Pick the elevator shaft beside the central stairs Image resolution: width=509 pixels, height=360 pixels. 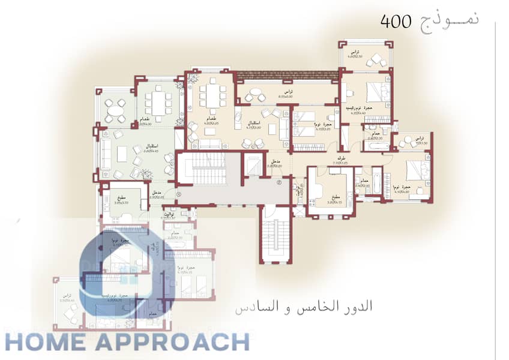click(x=254, y=165)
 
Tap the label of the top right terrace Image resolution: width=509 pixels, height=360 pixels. click(x=354, y=53)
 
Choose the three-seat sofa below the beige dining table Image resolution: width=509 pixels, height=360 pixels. click(x=209, y=143)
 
